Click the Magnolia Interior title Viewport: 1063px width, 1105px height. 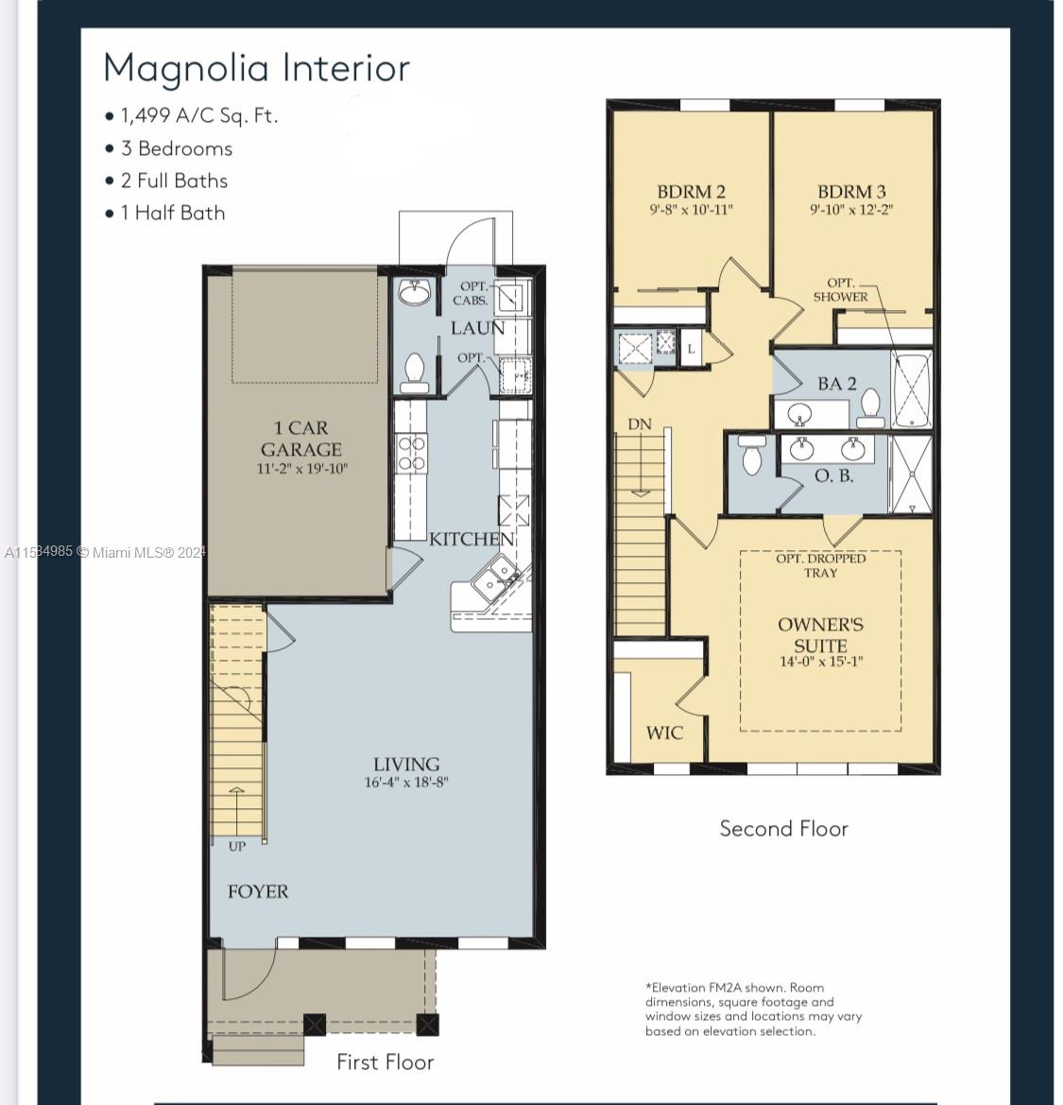pos(256,68)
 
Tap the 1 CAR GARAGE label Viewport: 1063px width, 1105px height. pos(301,439)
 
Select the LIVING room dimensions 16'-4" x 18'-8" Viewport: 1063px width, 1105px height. pos(406,783)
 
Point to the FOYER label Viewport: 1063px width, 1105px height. pos(258,891)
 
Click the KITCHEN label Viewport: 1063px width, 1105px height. pos(471,539)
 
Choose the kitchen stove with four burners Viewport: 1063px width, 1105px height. pos(411,453)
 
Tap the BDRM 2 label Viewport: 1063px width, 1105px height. pos(691,192)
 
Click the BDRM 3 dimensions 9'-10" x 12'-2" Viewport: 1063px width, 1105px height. pos(851,209)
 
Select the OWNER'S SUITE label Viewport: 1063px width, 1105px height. pos(821,635)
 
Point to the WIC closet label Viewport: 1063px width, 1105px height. pos(664,733)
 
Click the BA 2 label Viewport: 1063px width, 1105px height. pos(837,384)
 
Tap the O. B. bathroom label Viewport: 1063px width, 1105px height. pos(834,475)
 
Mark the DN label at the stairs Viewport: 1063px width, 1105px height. pos(640,424)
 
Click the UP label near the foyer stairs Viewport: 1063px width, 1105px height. pos(236,846)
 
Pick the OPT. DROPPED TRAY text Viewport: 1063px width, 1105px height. pos(821,565)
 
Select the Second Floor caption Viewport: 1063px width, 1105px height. pos(784,828)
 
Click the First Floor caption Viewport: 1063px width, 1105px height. pos(386,1062)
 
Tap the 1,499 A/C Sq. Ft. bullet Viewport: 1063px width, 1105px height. pos(192,115)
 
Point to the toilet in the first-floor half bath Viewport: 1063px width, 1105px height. pos(413,372)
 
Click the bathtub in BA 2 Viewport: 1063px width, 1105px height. pos(912,389)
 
